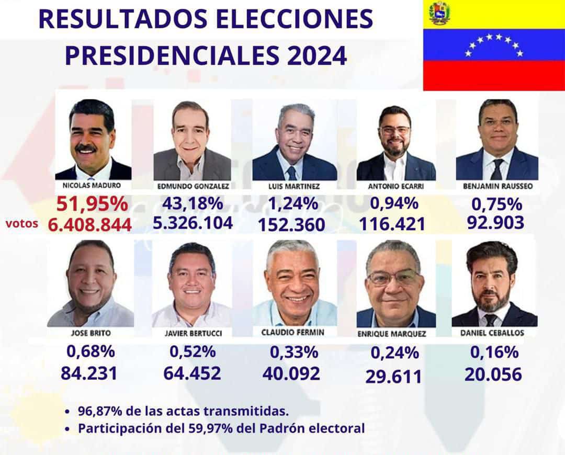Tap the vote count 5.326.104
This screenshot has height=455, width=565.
coord(193,223)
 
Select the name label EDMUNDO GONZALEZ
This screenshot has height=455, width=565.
coord(193,186)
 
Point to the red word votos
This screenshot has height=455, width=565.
coord(22,223)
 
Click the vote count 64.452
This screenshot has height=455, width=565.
coord(192,373)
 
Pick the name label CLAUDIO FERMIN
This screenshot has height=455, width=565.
coord(293,332)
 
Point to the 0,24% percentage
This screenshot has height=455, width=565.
coord(394,353)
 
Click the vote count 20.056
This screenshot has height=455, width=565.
coord(493,374)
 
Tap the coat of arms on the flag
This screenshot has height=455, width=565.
coord(439,13)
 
